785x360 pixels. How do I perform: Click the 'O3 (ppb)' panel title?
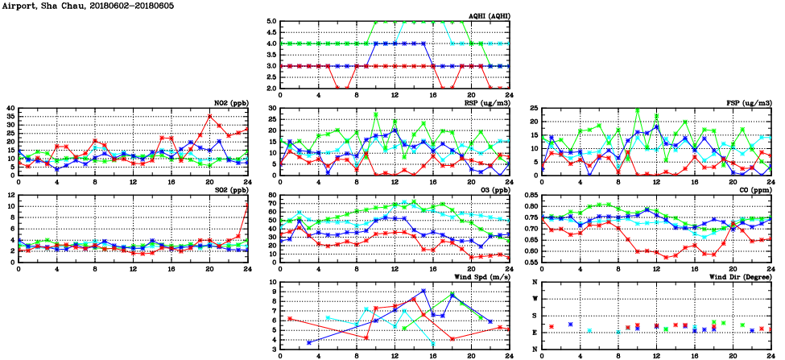(493, 190)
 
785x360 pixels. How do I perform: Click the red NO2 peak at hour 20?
(209, 116)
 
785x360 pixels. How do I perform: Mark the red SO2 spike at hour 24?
(247, 203)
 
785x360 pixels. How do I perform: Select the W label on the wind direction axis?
(535, 299)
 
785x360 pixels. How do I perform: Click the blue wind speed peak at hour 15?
(423, 291)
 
